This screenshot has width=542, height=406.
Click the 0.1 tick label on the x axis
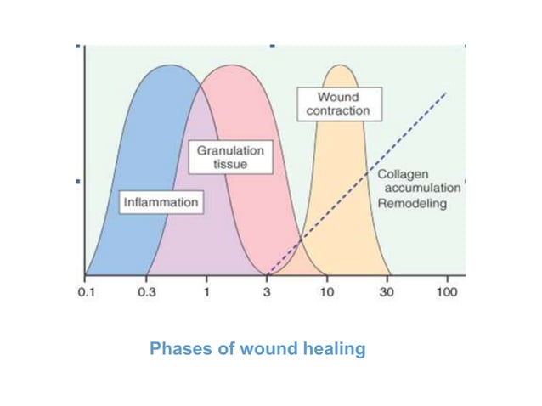86,292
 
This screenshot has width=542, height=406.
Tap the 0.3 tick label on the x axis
146,292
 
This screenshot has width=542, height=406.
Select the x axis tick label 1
206,292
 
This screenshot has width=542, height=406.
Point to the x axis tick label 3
267,292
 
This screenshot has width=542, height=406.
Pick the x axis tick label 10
326,292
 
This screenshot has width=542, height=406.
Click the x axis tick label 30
387,292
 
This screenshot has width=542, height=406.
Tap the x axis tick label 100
447,292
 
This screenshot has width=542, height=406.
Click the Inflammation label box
161,202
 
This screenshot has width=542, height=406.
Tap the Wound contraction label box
338,104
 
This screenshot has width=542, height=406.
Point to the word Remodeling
412,204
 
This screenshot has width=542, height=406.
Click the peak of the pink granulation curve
230,66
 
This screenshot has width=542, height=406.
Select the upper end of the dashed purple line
447,92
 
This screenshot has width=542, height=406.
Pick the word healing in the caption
335,348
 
